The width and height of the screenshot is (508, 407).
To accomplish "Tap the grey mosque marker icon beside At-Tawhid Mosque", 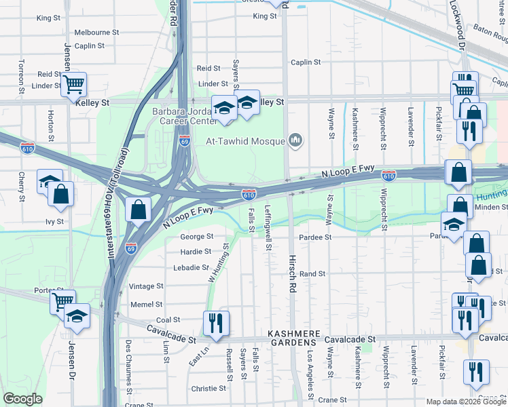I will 295,140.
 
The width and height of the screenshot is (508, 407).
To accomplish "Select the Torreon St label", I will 22,76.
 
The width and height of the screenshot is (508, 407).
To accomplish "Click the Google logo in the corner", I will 22,398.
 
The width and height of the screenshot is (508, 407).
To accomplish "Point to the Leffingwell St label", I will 268,228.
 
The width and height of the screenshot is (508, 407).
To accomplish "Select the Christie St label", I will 208,389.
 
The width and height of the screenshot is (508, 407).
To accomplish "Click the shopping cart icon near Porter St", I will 62,301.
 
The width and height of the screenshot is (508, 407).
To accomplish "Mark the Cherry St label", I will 22,188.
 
